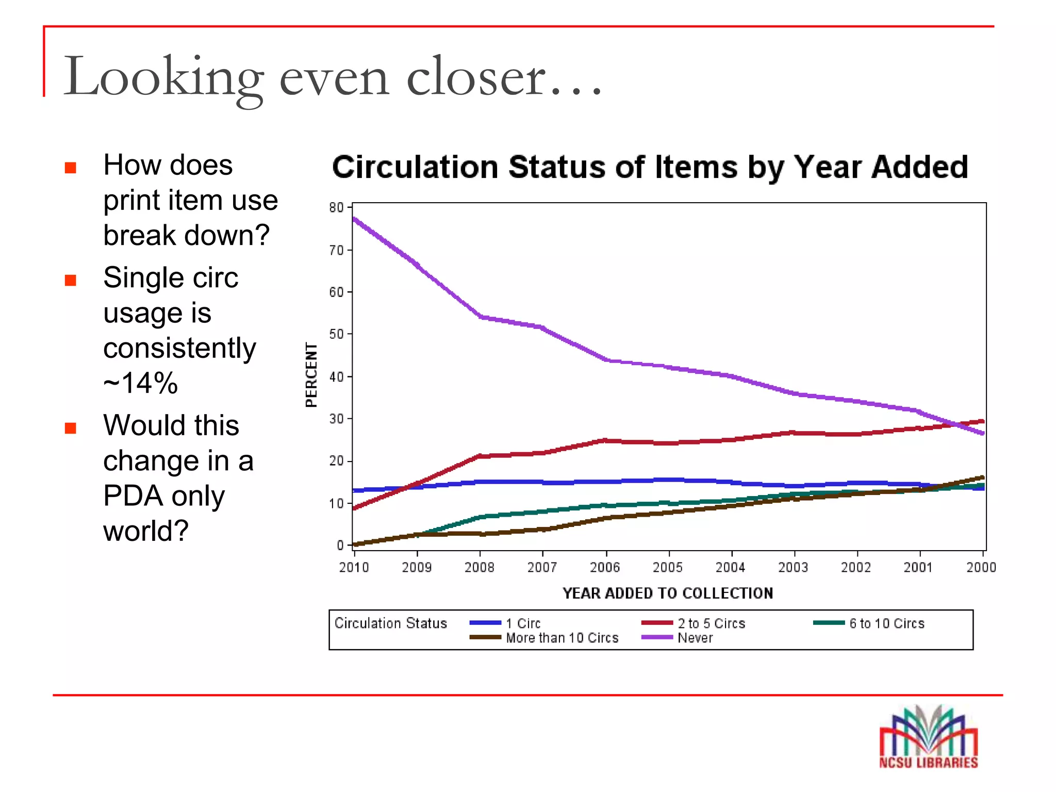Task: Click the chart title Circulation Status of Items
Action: point(650,168)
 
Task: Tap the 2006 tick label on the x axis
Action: point(605,568)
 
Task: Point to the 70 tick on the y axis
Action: point(336,251)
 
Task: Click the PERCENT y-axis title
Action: point(311,375)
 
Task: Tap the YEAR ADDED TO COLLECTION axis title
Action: point(668,593)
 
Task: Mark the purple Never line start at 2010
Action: point(355,219)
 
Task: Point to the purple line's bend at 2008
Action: point(481,317)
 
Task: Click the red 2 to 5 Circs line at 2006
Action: point(606,440)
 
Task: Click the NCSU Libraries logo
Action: point(928,737)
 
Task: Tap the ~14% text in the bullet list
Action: point(140,383)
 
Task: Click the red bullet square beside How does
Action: point(71,168)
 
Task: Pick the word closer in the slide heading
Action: point(475,77)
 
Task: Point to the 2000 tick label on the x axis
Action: point(981,568)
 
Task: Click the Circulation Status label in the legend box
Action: point(390,623)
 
